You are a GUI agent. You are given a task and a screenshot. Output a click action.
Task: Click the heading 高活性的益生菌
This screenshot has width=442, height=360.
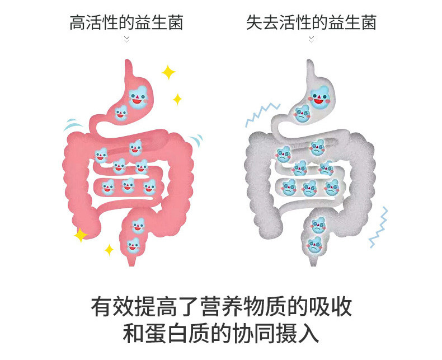pyautogui.click(x=126, y=23)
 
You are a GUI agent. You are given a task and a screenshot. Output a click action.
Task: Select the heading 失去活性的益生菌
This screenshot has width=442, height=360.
pyautogui.click(x=311, y=23)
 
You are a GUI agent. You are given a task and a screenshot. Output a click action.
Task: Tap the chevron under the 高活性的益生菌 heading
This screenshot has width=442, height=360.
pyautogui.click(x=126, y=39)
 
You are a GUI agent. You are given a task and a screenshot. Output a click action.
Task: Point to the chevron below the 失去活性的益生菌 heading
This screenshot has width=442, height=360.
pyautogui.click(x=312, y=39)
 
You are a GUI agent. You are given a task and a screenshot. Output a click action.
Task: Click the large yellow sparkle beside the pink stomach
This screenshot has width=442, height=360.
pyautogui.click(x=168, y=72)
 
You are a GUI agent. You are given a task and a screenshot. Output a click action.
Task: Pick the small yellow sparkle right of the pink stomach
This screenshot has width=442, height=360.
pyautogui.click(x=177, y=100)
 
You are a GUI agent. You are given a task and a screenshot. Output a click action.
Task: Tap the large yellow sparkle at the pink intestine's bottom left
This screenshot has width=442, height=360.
pyautogui.click(x=81, y=235)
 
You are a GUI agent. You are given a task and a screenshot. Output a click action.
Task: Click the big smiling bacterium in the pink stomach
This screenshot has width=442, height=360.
pyautogui.click(x=137, y=97)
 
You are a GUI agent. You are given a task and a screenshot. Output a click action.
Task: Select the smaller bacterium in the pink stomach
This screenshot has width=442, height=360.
pyautogui.click(x=120, y=114)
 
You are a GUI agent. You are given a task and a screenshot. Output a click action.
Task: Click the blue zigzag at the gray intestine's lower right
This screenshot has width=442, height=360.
pyautogui.click(x=379, y=227)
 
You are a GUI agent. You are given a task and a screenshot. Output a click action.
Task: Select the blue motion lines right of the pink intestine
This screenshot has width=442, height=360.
pyautogui.click(x=196, y=141)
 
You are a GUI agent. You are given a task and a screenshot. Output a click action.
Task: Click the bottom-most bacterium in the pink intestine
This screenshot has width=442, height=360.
pyautogui.click(x=133, y=245)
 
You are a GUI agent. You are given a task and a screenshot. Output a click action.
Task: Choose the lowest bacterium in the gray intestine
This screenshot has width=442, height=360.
pyautogui.click(x=316, y=245)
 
